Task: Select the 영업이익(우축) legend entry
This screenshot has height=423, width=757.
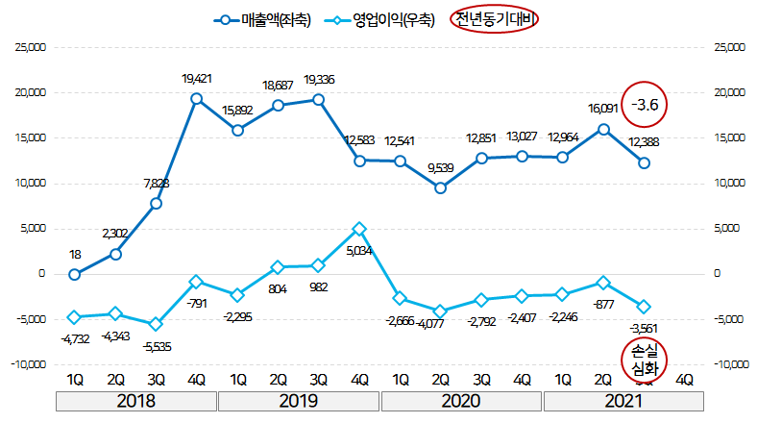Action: pos(377,19)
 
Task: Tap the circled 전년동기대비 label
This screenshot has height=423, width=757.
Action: pos(495,19)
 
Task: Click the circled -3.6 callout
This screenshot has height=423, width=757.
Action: pos(644,105)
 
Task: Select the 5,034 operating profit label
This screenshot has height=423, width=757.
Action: pos(358,250)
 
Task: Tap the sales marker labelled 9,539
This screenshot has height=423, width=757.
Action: pos(440,187)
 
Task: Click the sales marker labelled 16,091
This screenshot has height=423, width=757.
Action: pos(603,129)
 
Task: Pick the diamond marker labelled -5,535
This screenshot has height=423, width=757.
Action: pos(156,324)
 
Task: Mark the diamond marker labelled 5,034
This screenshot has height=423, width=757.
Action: pos(359,229)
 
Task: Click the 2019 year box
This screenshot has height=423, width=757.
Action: pos(299,401)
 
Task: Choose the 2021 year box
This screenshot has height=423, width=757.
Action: pos(624,401)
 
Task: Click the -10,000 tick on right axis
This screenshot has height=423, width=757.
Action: pos(729,364)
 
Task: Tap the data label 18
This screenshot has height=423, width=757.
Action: pos(75,255)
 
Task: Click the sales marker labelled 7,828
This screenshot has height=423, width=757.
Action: pos(156,203)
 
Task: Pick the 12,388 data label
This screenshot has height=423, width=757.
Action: pos(645,143)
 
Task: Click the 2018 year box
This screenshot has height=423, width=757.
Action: pos(135,401)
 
